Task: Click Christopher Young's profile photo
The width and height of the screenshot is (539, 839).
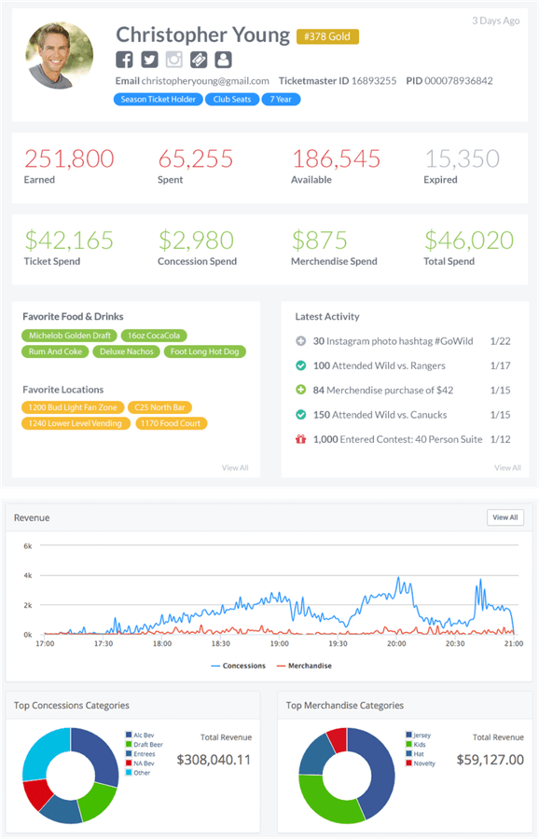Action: point(60,55)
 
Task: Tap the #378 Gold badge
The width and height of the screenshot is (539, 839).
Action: point(327,36)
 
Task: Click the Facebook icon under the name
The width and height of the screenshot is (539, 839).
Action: point(124,60)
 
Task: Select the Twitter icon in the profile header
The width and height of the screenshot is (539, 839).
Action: point(149,60)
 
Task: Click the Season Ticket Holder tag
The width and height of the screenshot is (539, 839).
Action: point(159,99)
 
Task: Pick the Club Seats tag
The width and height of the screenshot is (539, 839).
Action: point(232,99)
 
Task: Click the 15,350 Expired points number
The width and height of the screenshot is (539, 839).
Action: point(462,159)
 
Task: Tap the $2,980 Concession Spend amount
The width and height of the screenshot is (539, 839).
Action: point(196,241)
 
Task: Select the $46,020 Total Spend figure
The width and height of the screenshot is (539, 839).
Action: point(469,241)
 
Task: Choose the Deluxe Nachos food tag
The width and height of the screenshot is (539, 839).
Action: point(128,351)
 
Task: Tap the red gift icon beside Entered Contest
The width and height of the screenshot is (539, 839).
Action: point(300,439)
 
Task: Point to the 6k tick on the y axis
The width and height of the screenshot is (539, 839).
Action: point(27,545)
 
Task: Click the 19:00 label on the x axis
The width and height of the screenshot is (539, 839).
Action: point(279,643)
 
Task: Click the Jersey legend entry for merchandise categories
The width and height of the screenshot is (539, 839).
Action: point(421,736)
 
